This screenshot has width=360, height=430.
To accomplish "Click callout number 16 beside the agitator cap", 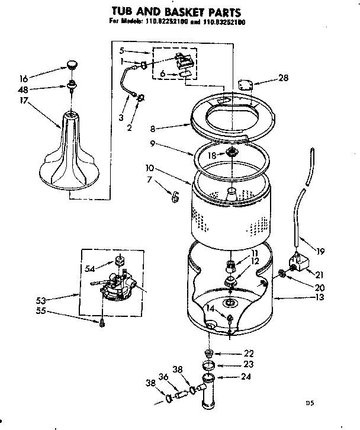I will point(23,77).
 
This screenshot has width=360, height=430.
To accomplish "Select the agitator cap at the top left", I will point(72,64).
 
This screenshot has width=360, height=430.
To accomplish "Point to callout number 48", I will point(23,90).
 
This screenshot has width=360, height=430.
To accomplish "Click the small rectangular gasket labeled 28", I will point(242,84).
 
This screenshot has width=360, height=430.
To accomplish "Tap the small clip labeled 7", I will point(175,198).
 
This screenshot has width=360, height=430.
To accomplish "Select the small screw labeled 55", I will point(102,323).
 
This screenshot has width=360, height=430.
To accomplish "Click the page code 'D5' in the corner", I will point(308,403).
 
